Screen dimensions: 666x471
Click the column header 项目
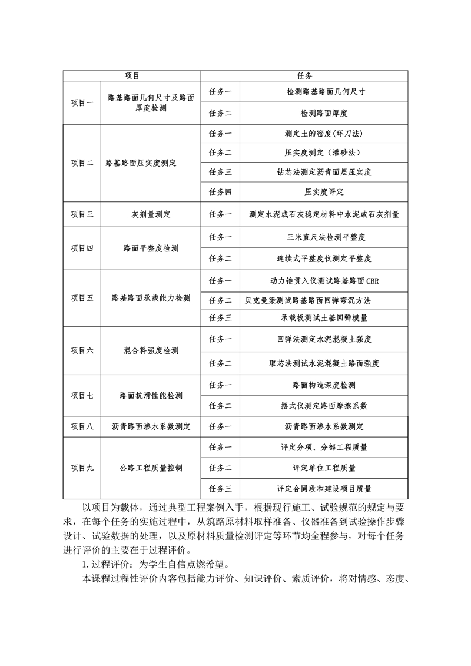click(x=131, y=76)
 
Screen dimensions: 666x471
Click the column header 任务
click(x=304, y=76)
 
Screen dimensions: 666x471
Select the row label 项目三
click(x=82, y=214)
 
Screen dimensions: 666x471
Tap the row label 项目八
click(x=82, y=426)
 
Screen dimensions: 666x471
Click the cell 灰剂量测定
click(x=151, y=214)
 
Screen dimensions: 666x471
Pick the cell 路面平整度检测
click(x=151, y=248)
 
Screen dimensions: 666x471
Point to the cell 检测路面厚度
click(x=324, y=112)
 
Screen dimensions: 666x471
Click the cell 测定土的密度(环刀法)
click(x=324, y=132)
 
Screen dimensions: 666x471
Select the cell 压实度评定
click(x=324, y=192)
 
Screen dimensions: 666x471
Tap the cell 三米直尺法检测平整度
click(x=324, y=237)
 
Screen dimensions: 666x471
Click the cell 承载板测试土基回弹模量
click(x=324, y=318)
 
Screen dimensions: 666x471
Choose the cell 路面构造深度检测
click(x=324, y=385)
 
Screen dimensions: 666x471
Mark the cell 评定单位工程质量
click(x=324, y=468)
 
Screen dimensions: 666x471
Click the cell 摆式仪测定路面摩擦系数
click(x=324, y=406)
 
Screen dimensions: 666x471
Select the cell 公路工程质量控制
click(x=151, y=468)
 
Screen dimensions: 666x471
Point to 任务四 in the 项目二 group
click(x=220, y=192)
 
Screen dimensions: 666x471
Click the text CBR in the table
click(x=372, y=281)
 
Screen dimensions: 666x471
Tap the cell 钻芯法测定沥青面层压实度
click(x=324, y=172)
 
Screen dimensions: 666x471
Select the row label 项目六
click(x=82, y=350)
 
